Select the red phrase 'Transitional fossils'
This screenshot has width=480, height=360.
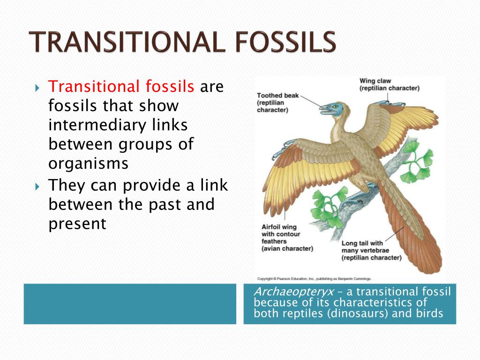coord(121,87)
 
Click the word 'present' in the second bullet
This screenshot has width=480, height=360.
coord(77,224)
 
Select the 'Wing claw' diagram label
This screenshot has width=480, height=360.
coord(389,84)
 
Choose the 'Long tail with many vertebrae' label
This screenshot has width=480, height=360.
coord(371,250)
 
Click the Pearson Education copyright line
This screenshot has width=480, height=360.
coord(315,278)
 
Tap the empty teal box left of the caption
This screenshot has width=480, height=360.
coord(130,304)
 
